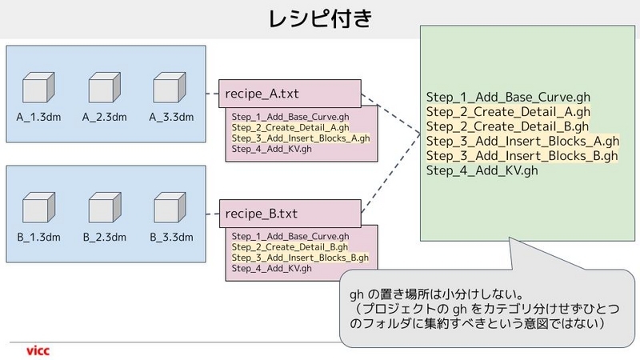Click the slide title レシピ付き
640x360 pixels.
321,18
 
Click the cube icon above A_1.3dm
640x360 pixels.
38,87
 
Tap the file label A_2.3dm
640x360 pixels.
105,117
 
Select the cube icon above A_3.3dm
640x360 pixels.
170,87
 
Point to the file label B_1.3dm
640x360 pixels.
38,237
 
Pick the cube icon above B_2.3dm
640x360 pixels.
105,207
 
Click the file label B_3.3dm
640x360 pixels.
171,237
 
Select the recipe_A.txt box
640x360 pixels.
290,94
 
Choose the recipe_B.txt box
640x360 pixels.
290,214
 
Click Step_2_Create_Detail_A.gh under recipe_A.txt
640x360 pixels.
290,127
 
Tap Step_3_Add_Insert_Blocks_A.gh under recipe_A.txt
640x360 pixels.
301,138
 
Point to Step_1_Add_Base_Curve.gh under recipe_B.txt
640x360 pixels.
290,236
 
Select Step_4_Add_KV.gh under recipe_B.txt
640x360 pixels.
272,268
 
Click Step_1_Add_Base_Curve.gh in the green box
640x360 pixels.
508,97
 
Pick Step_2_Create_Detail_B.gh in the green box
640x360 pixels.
507,126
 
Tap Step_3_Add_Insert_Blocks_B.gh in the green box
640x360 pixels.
522,156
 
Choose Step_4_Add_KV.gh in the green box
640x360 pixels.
482,170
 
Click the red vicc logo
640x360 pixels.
38,350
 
